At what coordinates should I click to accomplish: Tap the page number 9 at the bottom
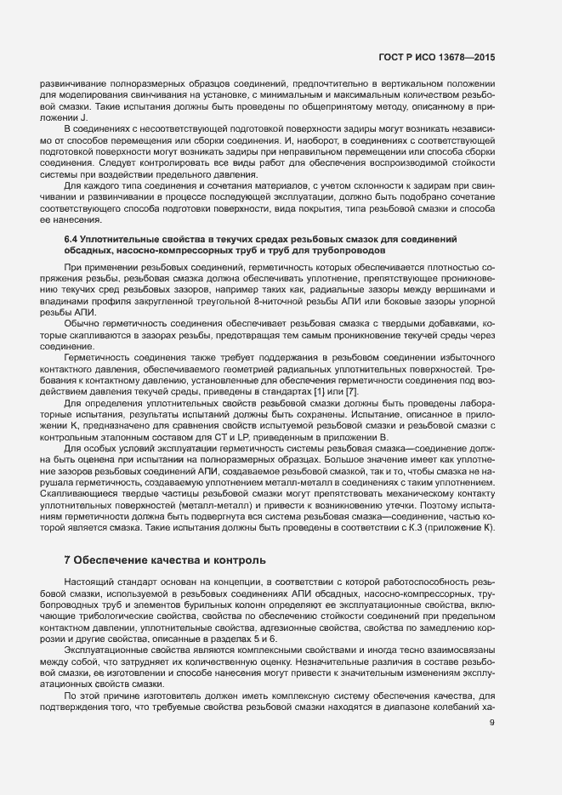[x=492, y=723]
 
